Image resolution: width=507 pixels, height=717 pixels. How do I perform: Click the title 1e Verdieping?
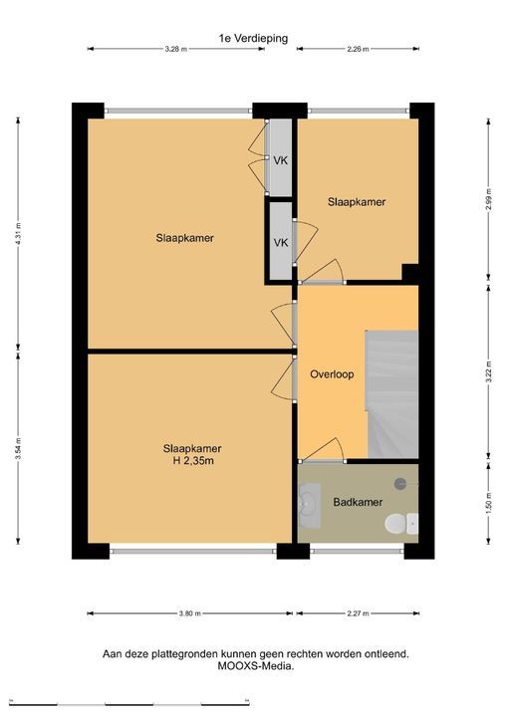[x=253, y=39]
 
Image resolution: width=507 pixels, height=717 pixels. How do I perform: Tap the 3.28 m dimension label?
[x=176, y=49]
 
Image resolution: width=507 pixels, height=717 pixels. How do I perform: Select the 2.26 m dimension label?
[x=358, y=49]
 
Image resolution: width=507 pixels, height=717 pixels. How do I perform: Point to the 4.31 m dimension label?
[x=18, y=234]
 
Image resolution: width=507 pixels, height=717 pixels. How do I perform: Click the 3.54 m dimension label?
[x=18, y=448]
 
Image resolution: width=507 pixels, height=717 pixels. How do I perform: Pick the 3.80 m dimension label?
[x=190, y=613]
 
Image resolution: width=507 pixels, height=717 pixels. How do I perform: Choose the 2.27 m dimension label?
[x=358, y=613]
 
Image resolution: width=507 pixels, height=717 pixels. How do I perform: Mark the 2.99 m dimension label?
[x=488, y=199]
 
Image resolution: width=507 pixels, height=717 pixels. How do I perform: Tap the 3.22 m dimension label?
[x=488, y=371]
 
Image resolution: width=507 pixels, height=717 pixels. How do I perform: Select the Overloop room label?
[x=332, y=374]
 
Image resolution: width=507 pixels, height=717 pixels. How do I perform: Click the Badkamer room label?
[x=358, y=502]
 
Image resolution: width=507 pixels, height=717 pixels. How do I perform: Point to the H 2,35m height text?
[x=193, y=461]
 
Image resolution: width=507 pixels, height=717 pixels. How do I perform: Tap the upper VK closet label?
[x=281, y=160]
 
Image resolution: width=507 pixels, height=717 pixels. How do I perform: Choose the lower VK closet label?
[x=281, y=243]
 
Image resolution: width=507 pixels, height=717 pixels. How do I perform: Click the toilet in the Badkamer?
[x=401, y=524]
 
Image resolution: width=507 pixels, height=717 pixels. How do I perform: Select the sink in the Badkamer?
[x=310, y=505]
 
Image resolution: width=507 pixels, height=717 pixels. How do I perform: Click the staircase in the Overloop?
[x=392, y=394]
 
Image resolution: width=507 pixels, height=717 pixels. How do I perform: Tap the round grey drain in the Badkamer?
[x=400, y=484]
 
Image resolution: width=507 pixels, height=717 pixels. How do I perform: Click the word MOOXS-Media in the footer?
[x=254, y=666]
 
